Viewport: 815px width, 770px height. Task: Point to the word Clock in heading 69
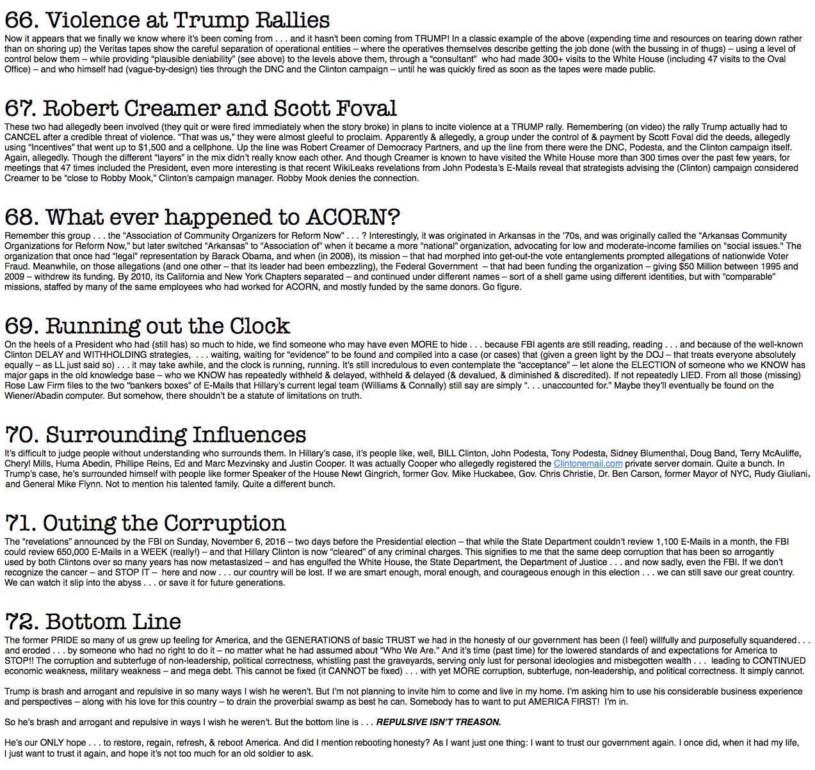point(261,326)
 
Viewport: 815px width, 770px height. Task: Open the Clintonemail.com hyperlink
point(588,463)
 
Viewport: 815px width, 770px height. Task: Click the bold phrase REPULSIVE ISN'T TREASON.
point(438,722)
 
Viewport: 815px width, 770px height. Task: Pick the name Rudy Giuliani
point(782,474)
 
